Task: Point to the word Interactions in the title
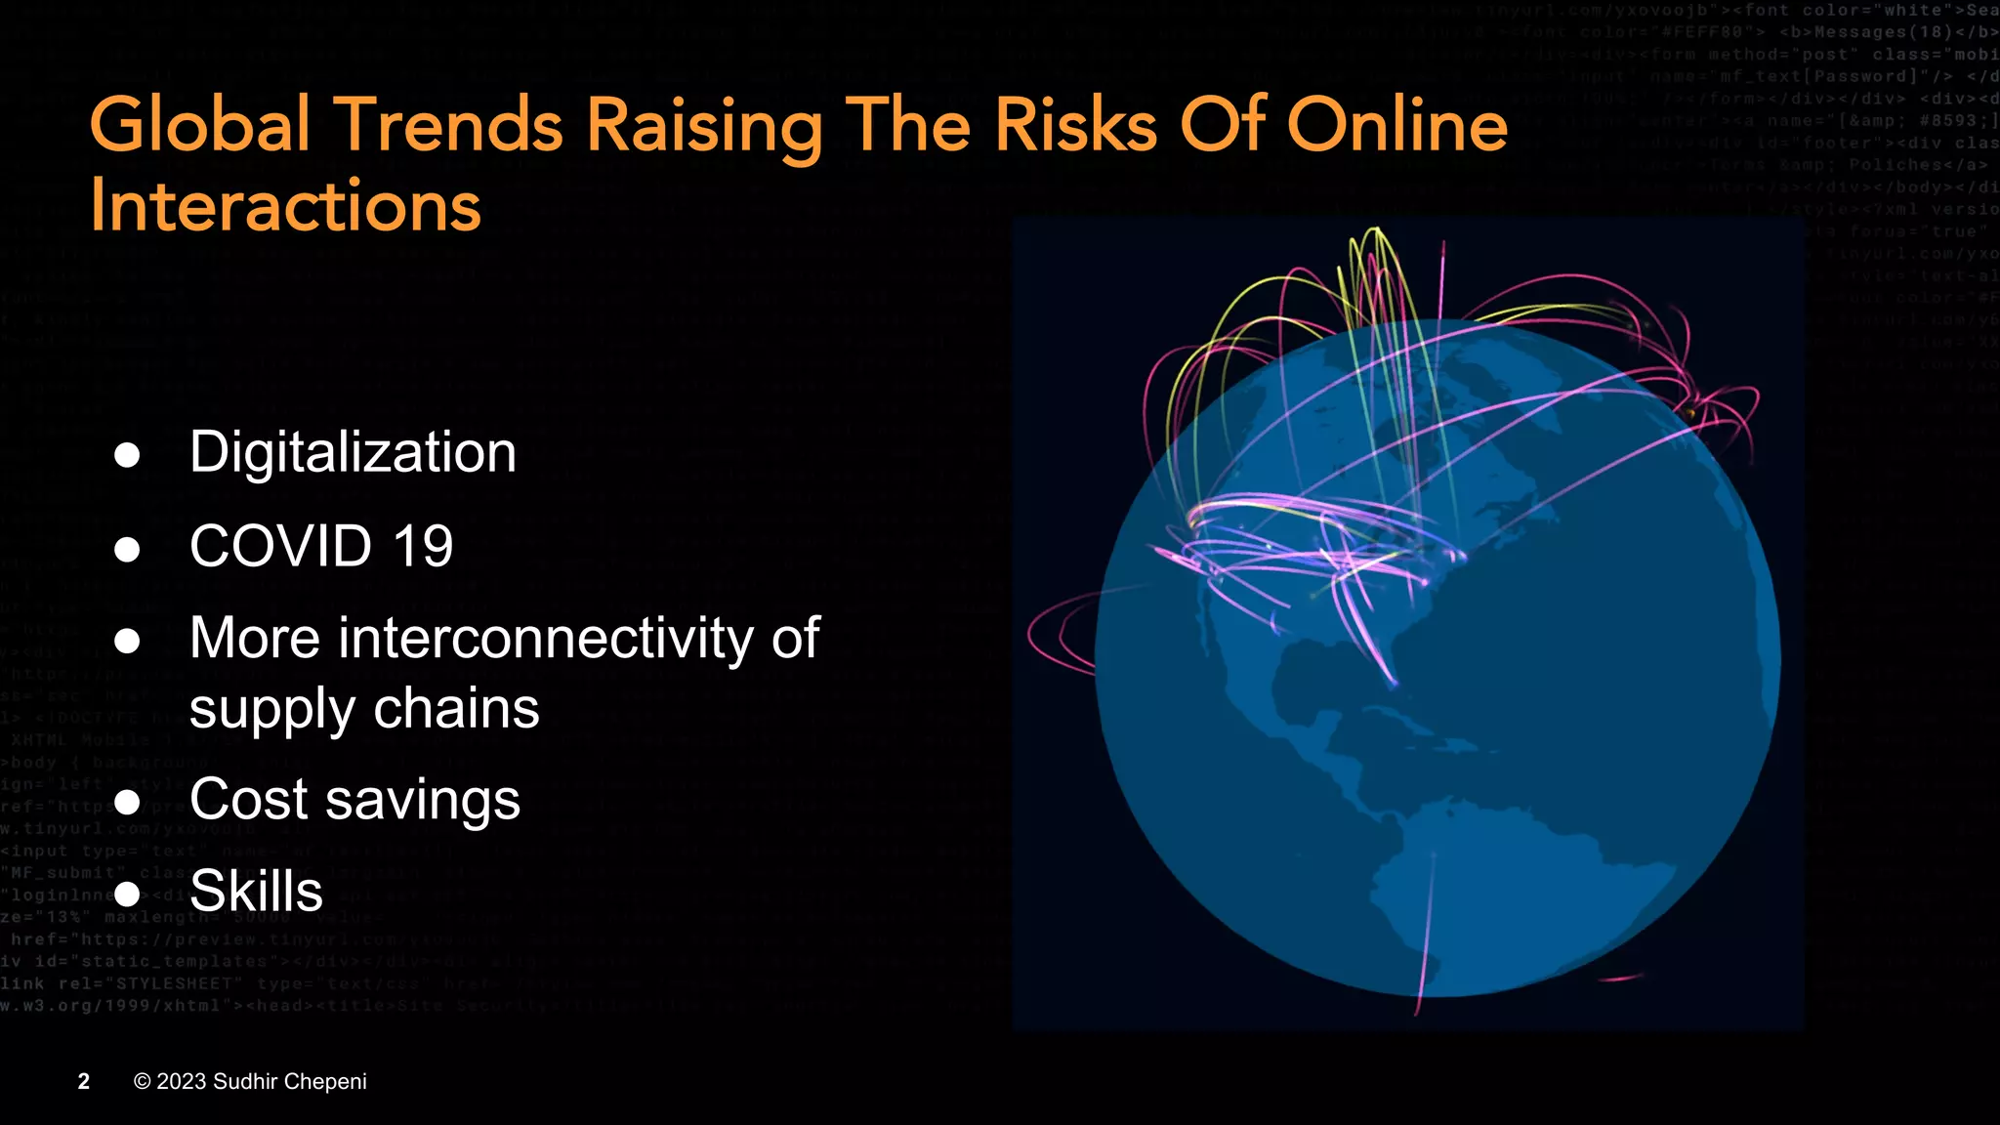[285, 206]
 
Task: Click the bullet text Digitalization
[353, 453]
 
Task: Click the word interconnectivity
[546, 639]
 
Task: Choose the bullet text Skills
[256, 891]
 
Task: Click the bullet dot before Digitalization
[127, 454]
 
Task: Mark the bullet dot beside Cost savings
[127, 802]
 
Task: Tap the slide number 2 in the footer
[84, 1081]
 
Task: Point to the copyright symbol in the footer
[143, 1081]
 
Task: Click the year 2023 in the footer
[182, 1081]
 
